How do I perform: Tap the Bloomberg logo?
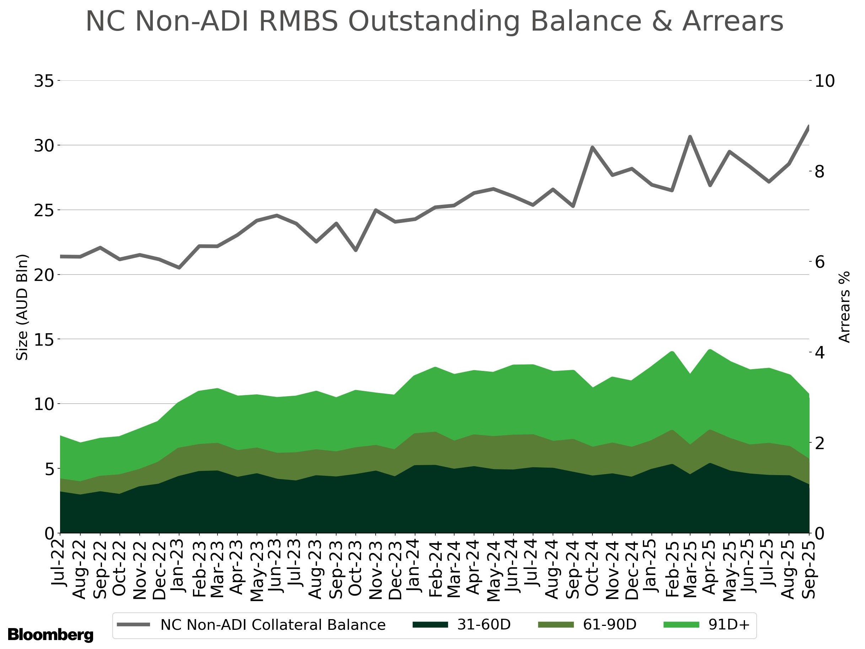[x=50, y=634]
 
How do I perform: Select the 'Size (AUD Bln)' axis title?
[x=23, y=307]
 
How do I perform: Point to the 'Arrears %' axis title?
[x=845, y=307]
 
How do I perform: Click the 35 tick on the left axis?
[x=43, y=81]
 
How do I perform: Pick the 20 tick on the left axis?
[x=43, y=275]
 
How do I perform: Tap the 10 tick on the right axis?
[x=825, y=81]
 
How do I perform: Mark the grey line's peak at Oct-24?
[x=592, y=148]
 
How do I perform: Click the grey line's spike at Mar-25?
[x=690, y=137]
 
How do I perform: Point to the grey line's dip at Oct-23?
[x=356, y=250]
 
